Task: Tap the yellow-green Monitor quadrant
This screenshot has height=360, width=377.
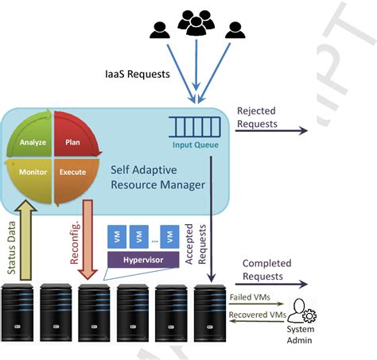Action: [33, 172]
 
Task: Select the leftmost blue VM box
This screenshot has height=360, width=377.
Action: [115, 236]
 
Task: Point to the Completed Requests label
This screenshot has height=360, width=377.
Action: [266, 269]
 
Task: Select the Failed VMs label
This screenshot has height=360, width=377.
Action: [251, 298]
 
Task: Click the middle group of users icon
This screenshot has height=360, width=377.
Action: [194, 23]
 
